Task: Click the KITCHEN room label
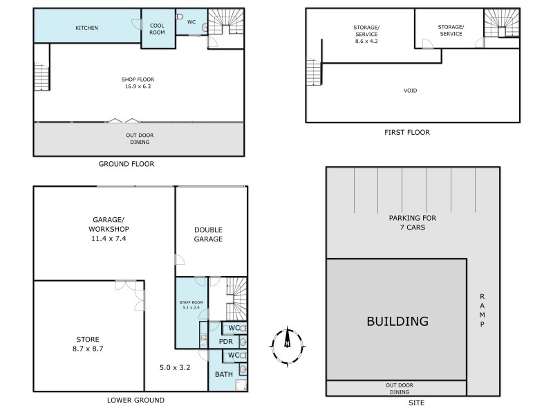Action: click(86, 28)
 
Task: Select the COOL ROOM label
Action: click(157, 28)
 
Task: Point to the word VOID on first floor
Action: click(411, 91)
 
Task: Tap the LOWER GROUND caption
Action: click(135, 400)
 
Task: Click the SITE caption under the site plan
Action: click(416, 403)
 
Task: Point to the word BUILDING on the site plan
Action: click(397, 322)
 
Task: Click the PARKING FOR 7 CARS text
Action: click(413, 222)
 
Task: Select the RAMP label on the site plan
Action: click(484, 309)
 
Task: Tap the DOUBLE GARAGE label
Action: click(208, 234)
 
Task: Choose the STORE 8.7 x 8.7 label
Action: click(88, 344)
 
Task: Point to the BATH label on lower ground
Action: click(224, 374)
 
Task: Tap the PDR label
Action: click(225, 341)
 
